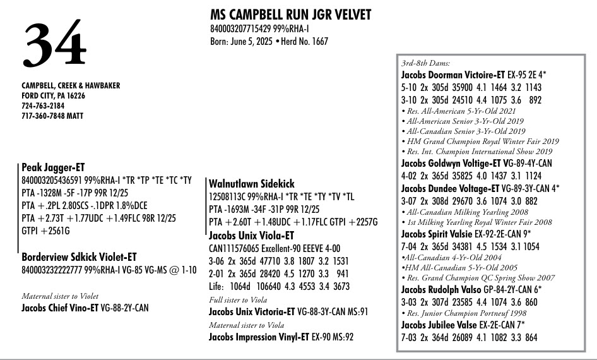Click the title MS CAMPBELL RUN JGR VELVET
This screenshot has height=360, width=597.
tap(290, 15)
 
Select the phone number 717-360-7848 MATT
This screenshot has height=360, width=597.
tap(52, 116)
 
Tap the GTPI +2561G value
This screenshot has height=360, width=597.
tap(46, 231)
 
